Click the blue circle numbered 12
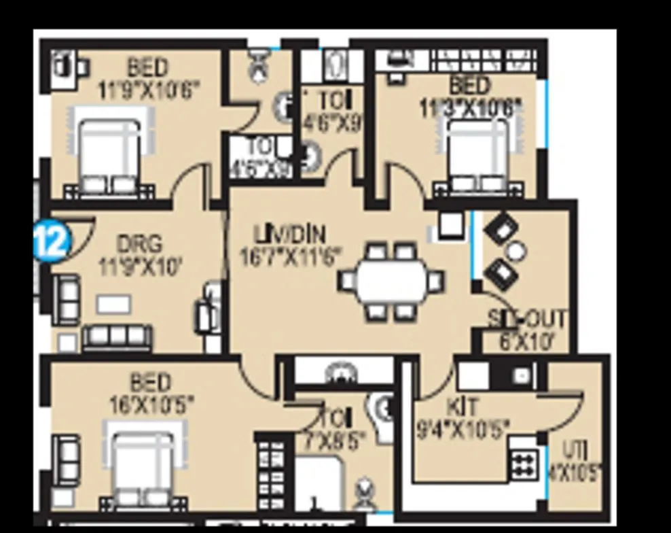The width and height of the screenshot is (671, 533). [x=52, y=241]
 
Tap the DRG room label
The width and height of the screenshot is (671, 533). [x=140, y=243]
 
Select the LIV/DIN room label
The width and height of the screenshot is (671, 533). [x=289, y=236]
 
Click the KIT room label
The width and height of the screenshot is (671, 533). [x=463, y=408]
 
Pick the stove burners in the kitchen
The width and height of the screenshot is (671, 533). [x=524, y=465]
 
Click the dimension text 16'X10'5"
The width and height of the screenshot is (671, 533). [x=151, y=405]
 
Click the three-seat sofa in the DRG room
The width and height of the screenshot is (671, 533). [x=117, y=337]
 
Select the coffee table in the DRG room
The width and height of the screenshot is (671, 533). [x=113, y=304]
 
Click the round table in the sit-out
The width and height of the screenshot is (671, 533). [x=516, y=252]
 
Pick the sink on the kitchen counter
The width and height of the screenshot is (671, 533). [x=521, y=375]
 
